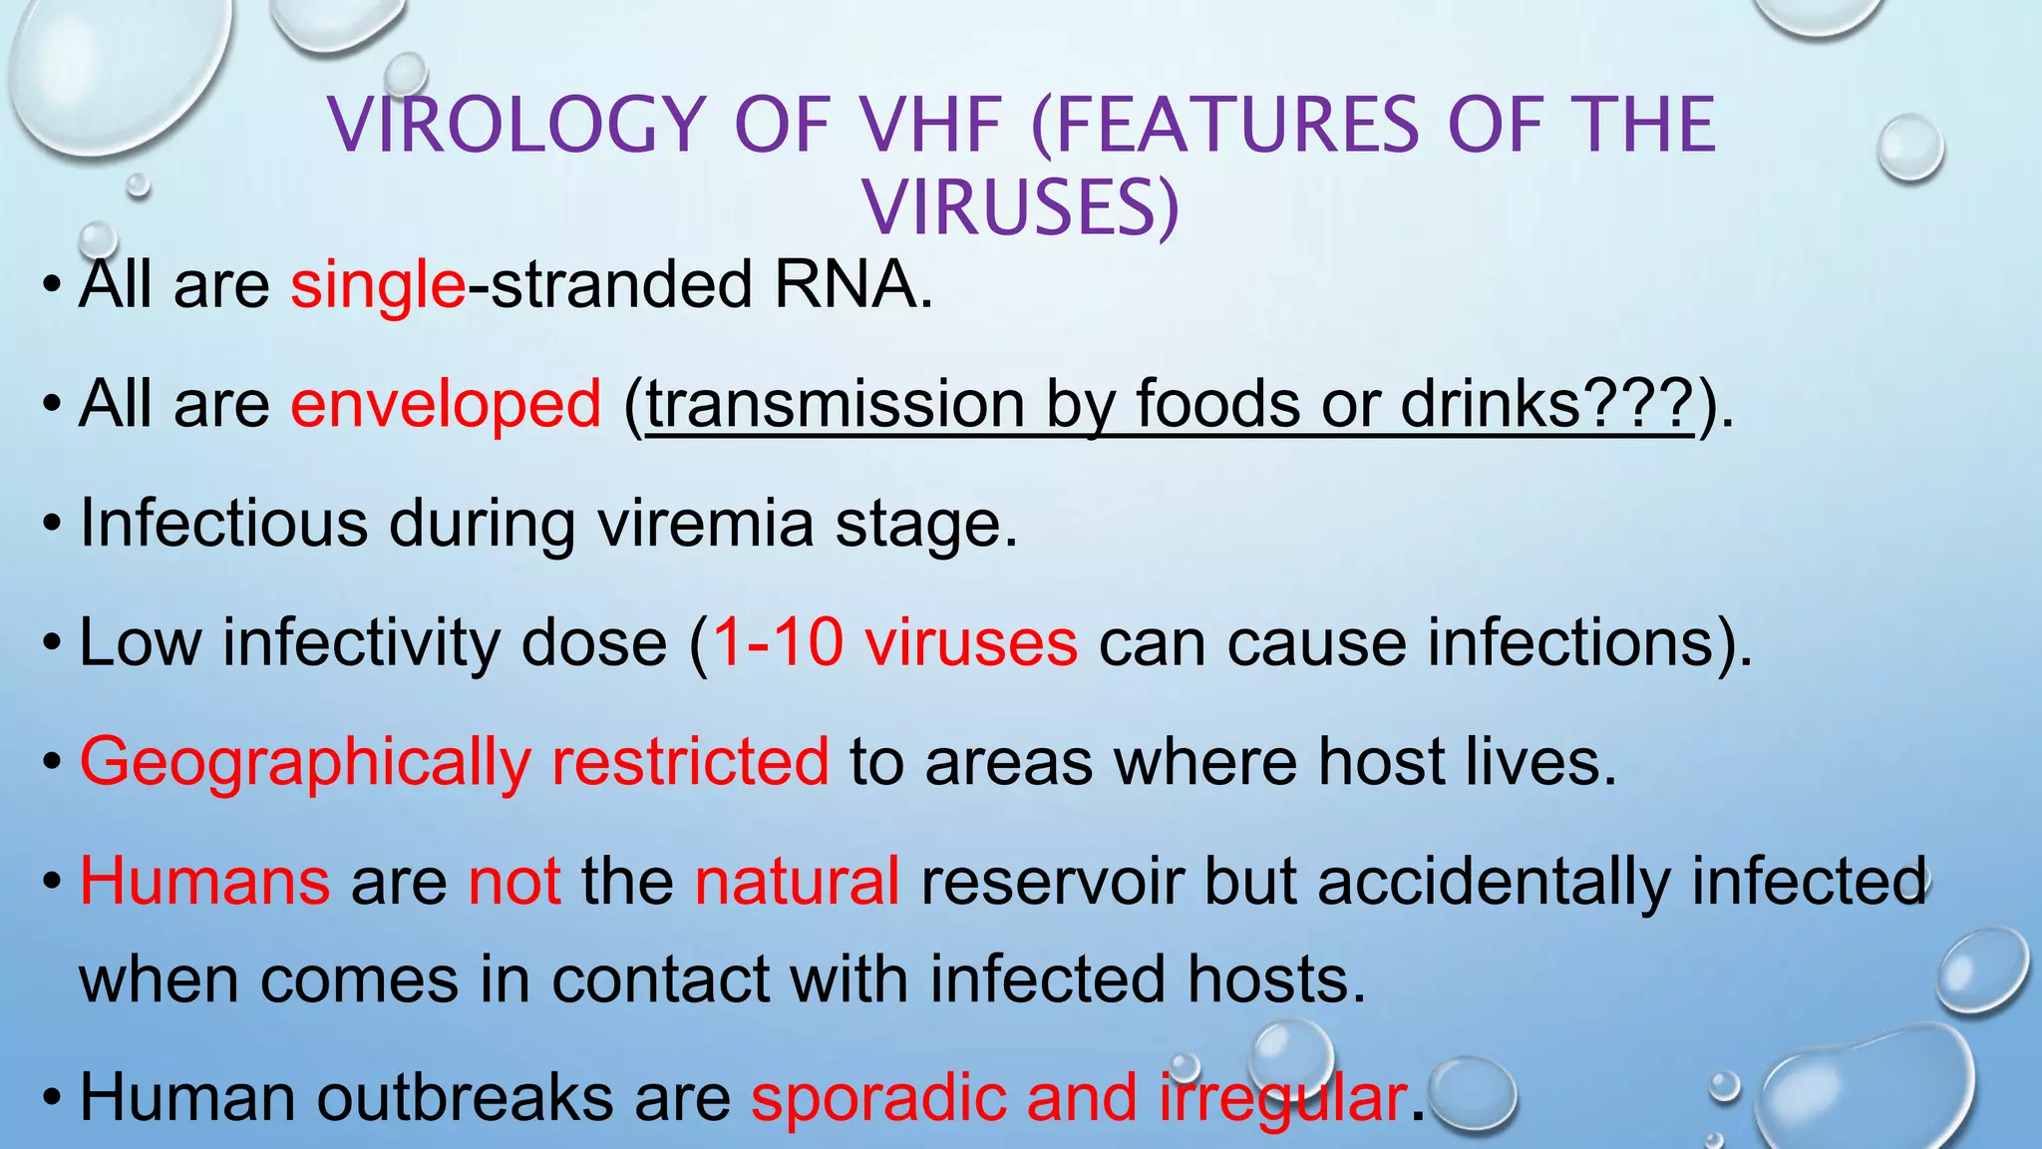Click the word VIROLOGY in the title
[x=517, y=126]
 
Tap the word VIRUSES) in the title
[x=1021, y=208]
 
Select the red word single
[x=377, y=286]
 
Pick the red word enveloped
[x=446, y=405]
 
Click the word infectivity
[x=361, y=642]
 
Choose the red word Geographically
[x=304, y=763]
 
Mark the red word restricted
[x=690, y=761]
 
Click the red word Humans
[x=204, y=882]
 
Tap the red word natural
[x=797, y=882]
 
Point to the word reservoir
[x=1052, y=882]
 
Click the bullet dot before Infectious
[x=52, y=524]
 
